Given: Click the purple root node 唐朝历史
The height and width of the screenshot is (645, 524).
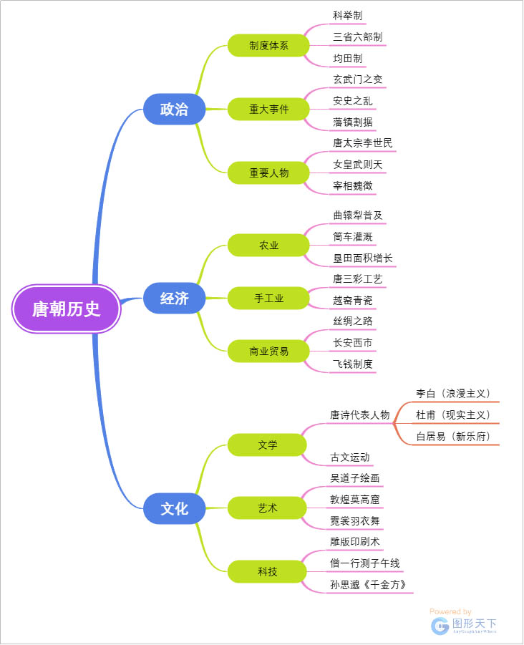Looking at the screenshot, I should [67, 309].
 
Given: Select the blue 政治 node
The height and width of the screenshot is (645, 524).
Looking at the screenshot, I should [174, 110].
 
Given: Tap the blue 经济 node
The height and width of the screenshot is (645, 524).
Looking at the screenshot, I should [174, 299].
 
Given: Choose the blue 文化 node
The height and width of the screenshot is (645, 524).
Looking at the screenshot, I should [174, 508].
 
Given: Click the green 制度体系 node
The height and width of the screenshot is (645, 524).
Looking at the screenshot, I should [268, 45].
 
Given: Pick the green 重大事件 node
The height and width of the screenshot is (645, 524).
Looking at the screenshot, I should [268, 110].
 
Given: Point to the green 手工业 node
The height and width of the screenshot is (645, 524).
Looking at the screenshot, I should [268, 299].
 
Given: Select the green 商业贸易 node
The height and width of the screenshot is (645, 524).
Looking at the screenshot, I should [268, 351].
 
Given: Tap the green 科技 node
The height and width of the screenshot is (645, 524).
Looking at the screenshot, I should [268, 571].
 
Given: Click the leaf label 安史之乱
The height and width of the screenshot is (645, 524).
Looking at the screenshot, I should [352, 100].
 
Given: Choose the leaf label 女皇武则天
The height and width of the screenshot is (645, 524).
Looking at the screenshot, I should [357, 165].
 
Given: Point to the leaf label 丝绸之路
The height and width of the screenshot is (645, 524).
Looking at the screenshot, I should [352, 321].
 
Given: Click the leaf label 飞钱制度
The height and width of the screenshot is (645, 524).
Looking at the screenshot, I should [352, 364].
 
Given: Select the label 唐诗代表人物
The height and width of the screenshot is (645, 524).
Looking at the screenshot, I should [359, 414].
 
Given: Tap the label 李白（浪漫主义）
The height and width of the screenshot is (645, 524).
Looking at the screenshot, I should [453, 393].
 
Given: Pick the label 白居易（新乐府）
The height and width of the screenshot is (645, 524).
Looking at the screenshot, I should [453, 436].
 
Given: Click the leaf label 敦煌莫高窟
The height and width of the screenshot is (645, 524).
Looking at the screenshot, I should [354, 499].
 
